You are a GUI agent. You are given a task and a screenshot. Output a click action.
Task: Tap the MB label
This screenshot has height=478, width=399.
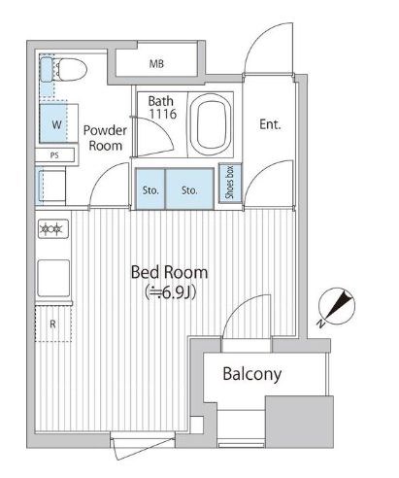coord(155,66)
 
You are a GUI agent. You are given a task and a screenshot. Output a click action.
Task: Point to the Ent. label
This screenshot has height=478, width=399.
coord(270,124)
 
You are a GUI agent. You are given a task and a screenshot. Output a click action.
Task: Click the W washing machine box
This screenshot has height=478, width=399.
coord(55,125)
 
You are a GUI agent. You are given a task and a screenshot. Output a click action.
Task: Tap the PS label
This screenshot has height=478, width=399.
coord(52,154)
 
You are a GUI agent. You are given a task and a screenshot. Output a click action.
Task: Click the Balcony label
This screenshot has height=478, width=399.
coord(251,374)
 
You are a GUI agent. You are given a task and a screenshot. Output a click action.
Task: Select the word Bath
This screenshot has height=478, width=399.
coord(160,100)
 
